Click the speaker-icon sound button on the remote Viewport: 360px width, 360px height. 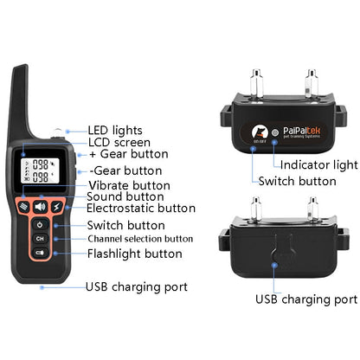coord(40,207)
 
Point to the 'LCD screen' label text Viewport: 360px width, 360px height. coord(119,142)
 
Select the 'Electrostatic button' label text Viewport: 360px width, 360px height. coord(141,208)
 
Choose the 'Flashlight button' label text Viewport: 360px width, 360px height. coord(134,254)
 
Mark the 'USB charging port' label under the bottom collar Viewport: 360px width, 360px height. coord(305,299)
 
